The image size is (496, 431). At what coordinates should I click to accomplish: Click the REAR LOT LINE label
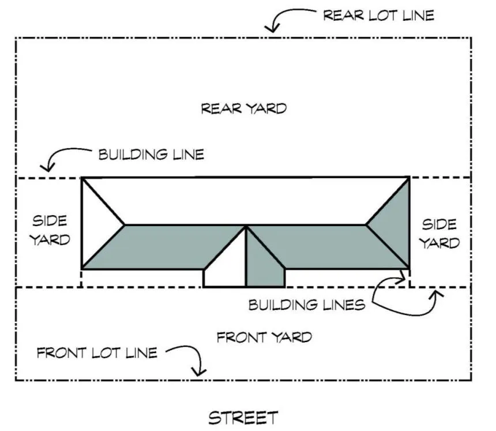(378, 16)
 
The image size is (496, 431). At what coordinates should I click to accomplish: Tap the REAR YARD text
(243, 108)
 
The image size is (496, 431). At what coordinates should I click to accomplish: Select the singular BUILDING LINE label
(151, 155)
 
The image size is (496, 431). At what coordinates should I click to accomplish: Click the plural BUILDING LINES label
(306, 305)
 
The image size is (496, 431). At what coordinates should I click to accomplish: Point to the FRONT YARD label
(264, 337)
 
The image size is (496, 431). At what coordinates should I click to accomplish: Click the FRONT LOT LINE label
(96, 352)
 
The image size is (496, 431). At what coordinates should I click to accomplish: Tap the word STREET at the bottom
(243, 417)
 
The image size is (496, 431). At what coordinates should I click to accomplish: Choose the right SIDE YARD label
(439, 233)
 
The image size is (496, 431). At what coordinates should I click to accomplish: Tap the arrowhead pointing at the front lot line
(200, 372)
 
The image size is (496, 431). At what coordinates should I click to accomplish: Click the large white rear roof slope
(245, 199)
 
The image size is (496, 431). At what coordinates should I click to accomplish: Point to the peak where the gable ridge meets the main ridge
(246, 226)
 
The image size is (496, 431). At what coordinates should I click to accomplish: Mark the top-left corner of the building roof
(82, 178)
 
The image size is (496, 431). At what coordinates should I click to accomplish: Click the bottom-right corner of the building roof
(409, 268)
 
